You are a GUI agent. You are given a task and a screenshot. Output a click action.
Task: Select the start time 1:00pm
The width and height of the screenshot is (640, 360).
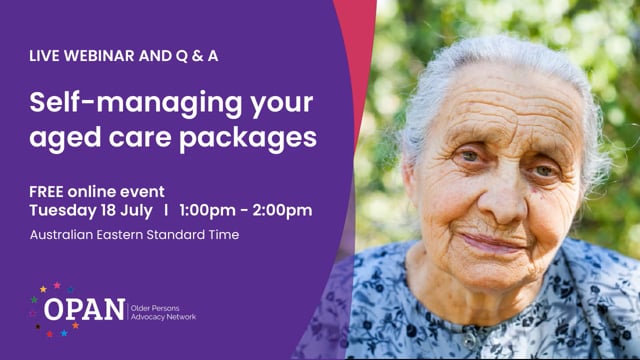click(x=212, y=210)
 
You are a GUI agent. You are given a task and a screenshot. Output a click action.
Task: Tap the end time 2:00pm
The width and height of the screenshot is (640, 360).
click(x=283, y=210)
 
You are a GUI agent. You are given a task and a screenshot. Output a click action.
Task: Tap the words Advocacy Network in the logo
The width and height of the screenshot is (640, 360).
click(x=164, y=317)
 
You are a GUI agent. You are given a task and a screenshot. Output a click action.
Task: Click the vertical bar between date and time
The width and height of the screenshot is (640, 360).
click(x=167, y=210)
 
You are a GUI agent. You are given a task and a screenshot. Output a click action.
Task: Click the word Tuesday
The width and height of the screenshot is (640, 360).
click(x=61, y=210)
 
